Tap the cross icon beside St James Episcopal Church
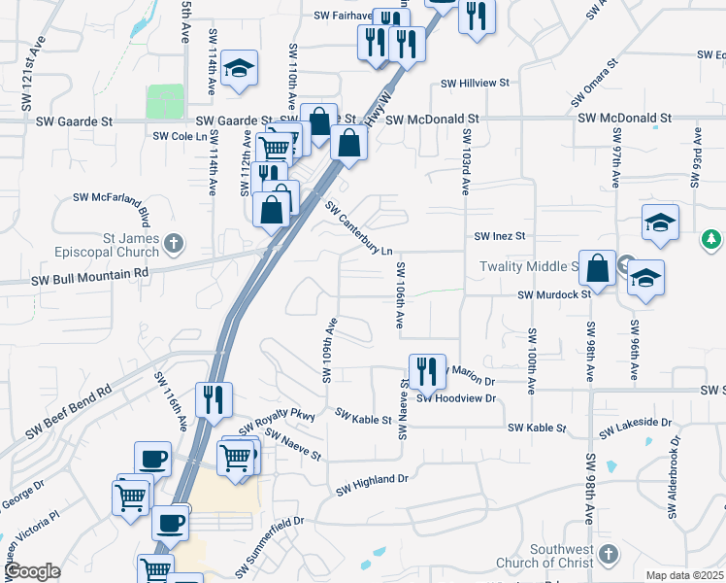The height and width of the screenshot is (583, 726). [x=174, y=243]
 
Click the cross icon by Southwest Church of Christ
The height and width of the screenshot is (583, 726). [x=609, y=554]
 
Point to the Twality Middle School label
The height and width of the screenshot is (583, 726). [x=529, y=266]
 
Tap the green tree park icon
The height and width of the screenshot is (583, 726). [x=711, y=238]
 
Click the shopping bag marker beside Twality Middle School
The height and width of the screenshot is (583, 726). [x=600, y=268]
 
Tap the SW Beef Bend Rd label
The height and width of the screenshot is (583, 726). [x=69, y=412]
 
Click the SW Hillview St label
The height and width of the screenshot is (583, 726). [x=475, y=84]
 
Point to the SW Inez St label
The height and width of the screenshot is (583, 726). [x=499, y=236]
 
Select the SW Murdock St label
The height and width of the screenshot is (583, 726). [x=554, y=294]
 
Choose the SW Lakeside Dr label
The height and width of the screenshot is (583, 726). [x=635, y=426]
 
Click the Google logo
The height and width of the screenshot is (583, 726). [x=33, y=571]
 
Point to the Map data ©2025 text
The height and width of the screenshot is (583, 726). [x=685, y=575]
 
